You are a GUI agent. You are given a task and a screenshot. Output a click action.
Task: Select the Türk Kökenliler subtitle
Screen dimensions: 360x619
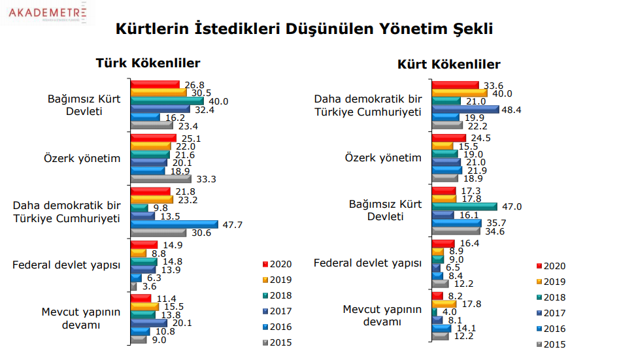pyautogui.click(x=148, y=63)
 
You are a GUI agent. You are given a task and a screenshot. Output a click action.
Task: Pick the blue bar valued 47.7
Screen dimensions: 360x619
pyautogui.click(x=174, y=224)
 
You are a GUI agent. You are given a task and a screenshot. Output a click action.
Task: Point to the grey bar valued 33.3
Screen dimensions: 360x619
pyautogui.click(x=161, y=178)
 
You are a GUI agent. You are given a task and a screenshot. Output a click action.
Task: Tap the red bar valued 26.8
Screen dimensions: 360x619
pyautogui.click(x=155, y=85)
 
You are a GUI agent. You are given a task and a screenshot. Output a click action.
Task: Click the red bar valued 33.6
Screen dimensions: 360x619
pyautogui.click(x=455, y=85)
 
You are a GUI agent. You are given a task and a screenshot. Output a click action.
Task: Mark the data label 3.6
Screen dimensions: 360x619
pyautogui.click(x=147, y=286)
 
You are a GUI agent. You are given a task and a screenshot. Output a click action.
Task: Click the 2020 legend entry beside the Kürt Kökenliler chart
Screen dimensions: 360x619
pyautogui.click(x=550, y=267)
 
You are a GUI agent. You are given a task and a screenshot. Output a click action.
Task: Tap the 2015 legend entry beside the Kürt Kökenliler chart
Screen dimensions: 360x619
pyautogui.click(x=550, y=344)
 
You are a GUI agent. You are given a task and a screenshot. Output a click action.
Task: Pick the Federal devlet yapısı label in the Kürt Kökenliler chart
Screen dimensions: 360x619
pyautogui.click(x=368, y=263)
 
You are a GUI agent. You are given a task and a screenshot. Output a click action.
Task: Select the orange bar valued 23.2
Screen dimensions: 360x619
pyautogui.click(x=152, y=199)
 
